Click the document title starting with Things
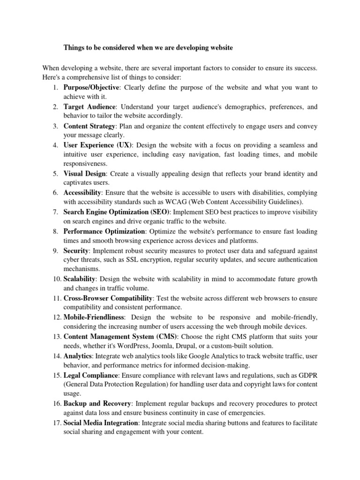[x=148, y=48]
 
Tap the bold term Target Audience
[x=89, y=106]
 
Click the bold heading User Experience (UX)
[x=98, y=145]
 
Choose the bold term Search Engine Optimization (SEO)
[x=117, y=212]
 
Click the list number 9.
[x=55, y=251]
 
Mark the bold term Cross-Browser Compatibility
[x=108, y=298]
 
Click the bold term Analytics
[x=78, y=356]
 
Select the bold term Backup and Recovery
[x=97, y=404]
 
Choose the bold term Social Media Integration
[x=101, y=423]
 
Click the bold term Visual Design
[x=84, y=173]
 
